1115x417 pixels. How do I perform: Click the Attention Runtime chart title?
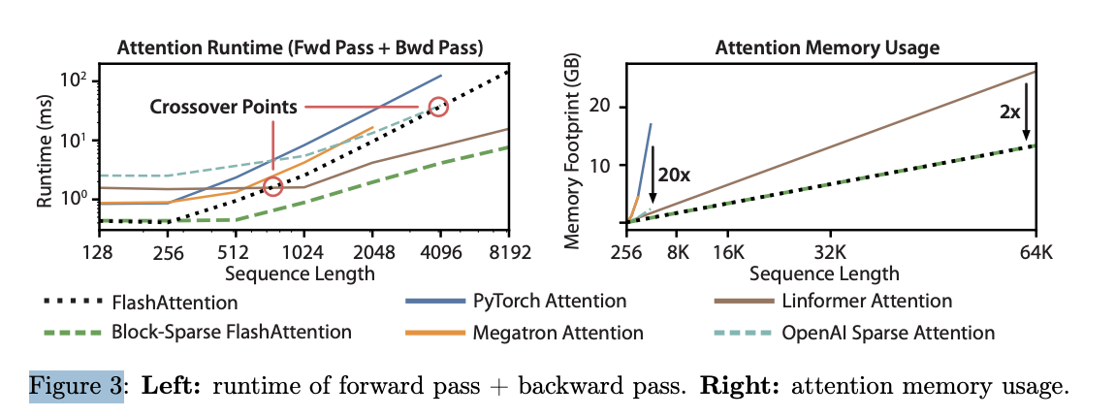point(300,48)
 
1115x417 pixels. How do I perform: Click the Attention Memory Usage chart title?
point(827,48)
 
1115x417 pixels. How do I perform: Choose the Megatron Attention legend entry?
point(557,333)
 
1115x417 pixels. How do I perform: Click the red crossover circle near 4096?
point(438,107)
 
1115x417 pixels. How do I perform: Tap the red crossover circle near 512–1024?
point(273,187)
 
